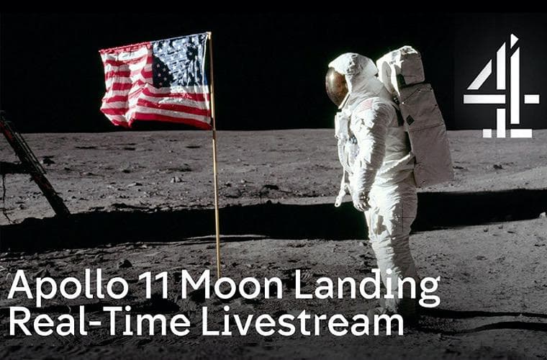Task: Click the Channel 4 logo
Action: point(501,86)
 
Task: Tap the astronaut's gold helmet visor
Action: point(337,86)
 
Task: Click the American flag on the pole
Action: point(156,81)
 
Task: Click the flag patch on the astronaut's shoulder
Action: point(366,104)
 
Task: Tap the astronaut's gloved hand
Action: point(361,202)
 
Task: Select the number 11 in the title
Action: point(155,284)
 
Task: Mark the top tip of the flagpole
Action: point(209,33)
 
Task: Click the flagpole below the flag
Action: point(217,203)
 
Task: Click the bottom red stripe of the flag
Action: point(171,120)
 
